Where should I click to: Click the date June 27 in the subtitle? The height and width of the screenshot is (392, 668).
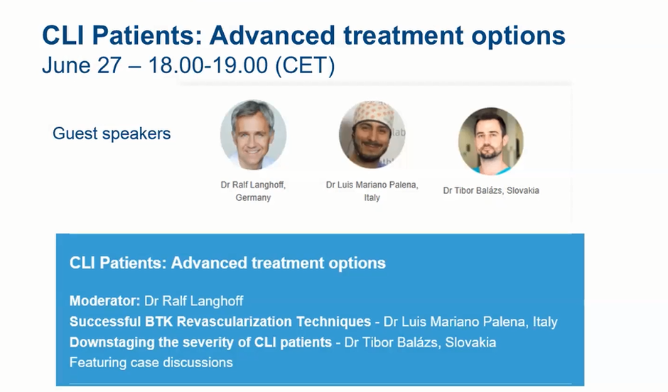pos(82,65)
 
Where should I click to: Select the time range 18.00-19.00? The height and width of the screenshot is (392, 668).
pos(208,65)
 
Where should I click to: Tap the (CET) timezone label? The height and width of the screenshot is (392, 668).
pos(305,65)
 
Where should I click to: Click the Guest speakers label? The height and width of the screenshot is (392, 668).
pos(112,134)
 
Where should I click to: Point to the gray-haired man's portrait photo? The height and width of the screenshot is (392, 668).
pos(253,135)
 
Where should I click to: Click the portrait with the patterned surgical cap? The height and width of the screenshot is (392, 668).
pos(372,135)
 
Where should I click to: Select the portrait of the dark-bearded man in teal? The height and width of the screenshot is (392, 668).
pos(491,141)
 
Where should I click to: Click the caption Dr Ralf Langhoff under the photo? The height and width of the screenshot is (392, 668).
pos(253,185)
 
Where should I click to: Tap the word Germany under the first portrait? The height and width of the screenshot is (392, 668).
pos(253,197)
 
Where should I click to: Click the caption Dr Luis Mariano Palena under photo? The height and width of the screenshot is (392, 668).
pos(372,185)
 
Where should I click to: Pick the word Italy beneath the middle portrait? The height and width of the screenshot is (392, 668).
pos(372,197)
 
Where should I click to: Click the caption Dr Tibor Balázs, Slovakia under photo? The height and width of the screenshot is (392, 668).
pos(491,191)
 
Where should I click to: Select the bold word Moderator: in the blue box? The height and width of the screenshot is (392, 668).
pos(104,301)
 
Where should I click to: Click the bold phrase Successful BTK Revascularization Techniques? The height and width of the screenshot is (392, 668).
pos(220,322)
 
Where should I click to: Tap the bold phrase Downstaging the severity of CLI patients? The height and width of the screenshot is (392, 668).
pos(200,342)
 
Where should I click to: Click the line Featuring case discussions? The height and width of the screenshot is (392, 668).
pos(151,363)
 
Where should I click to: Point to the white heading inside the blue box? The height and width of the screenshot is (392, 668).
pos(227,263)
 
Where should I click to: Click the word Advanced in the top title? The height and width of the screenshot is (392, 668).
pos(272,35)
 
